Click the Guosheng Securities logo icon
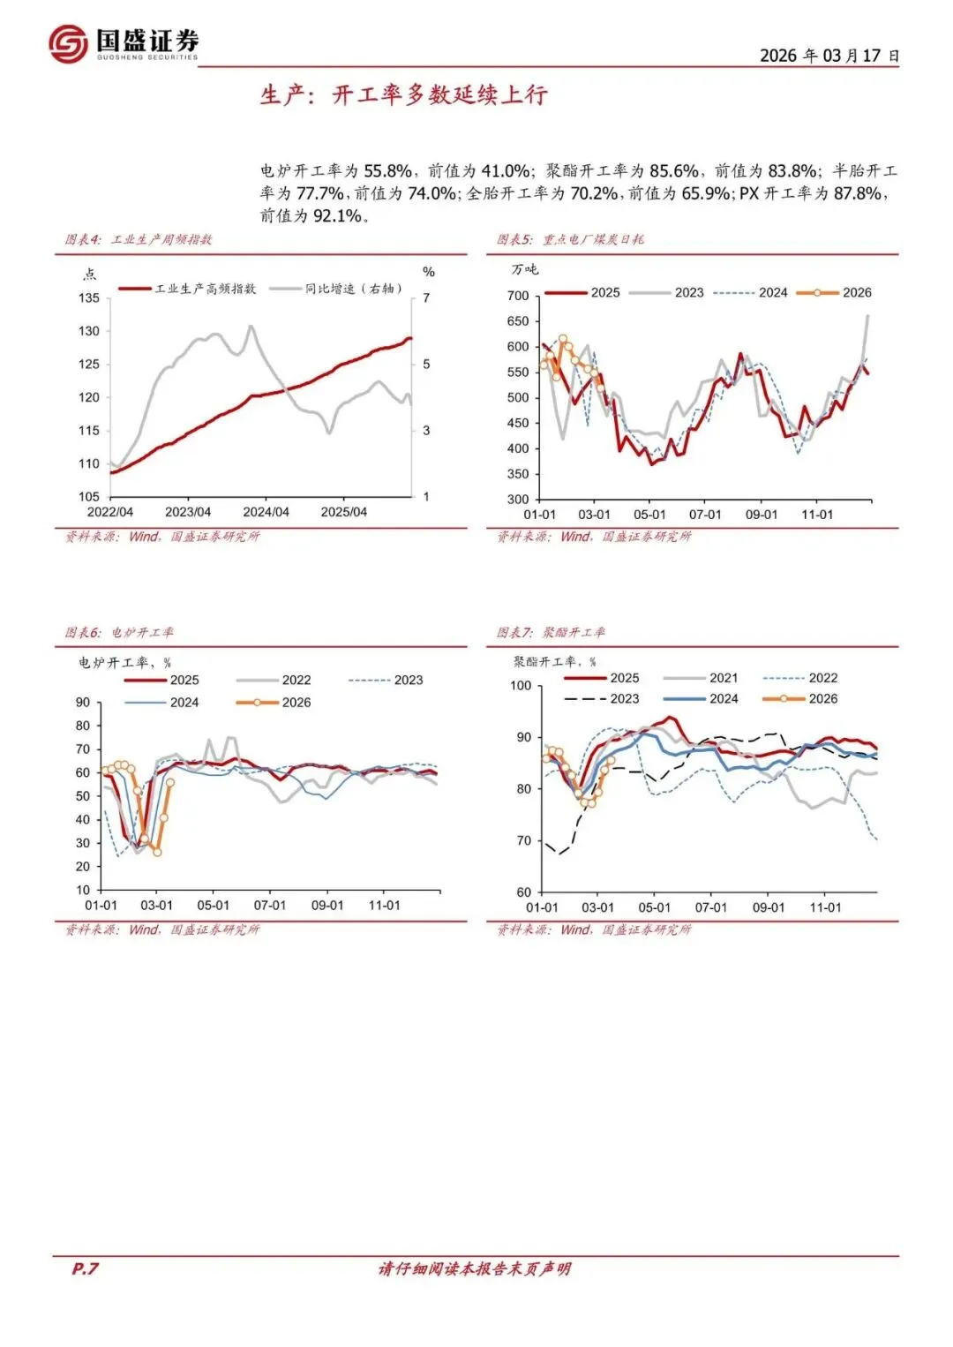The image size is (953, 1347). (68, 43)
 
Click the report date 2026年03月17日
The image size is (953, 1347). (829, 56)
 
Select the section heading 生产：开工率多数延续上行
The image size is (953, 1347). (403, 95)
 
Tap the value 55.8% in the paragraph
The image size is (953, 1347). (387, 171)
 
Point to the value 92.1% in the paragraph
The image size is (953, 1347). (337, 216)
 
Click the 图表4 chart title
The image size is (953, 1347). (139, 239)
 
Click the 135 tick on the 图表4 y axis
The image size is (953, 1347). (89, 298)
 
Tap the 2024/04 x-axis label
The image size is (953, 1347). (266, 512)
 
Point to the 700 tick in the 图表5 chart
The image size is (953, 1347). (518, 296)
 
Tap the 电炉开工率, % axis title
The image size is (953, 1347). (124, 662)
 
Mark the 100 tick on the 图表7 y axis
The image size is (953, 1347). (521, 686)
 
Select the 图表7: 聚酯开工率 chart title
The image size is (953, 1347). (551, 632)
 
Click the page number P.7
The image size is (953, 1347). (85, 1268)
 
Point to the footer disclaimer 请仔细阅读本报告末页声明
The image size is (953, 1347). (475, 1268)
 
